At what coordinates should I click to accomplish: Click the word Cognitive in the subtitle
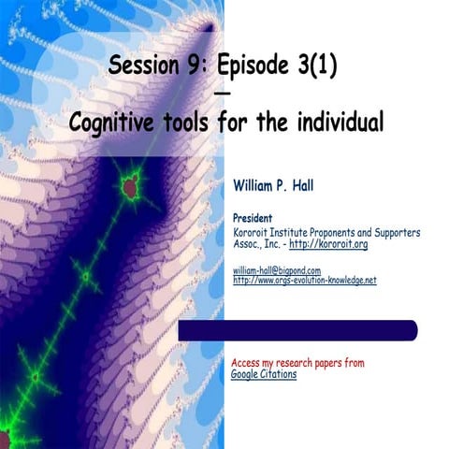pyautogui.click(x=119, y=122)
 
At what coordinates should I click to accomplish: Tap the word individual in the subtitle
pyautogui.click(x=337, y=122)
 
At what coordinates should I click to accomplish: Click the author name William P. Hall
pyautogui.click(x=280, y=186)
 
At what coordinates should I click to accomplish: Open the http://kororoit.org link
pyautogui.click(x=328, y=243)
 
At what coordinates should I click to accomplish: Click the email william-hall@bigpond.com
pyautogui.click(x=276, y=269)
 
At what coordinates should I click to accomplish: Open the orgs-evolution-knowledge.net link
pyautogui.click(x=304, y=280)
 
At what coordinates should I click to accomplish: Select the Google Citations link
pyautogui.click(x=264, y=374)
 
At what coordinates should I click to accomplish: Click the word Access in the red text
pyautogui.click(x=247, y=362)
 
